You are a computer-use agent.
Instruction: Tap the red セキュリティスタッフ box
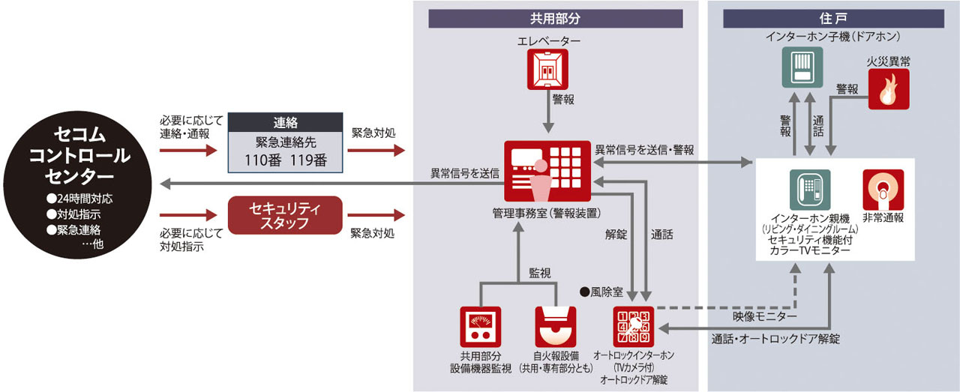284,215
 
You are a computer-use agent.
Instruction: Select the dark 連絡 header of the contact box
284,122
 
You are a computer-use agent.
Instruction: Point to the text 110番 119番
284,160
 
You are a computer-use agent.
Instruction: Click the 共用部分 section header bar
556,19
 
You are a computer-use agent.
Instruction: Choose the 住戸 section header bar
833,19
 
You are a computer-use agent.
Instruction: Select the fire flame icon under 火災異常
888,91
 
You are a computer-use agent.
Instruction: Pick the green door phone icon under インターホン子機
801,67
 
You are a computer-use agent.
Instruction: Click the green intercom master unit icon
808,189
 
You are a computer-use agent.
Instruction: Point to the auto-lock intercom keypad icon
634,327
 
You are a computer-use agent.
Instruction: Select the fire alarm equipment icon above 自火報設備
556,328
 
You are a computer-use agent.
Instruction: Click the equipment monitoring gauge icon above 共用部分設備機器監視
480,327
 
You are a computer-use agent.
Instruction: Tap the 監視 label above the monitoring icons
538,274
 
